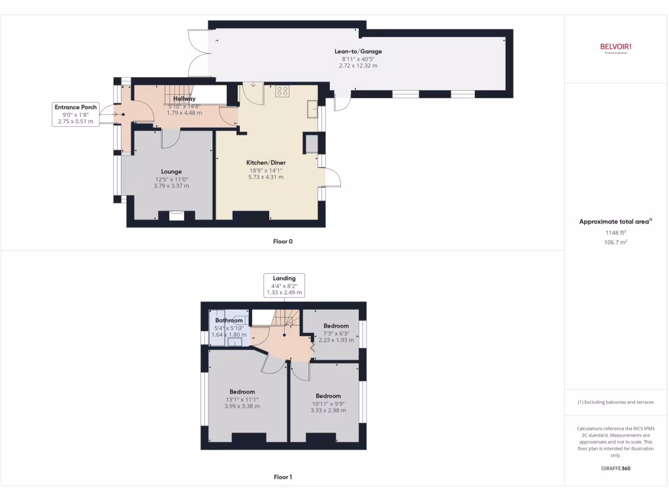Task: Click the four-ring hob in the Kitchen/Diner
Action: point(282,92)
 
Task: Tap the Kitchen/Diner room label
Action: point(265,163)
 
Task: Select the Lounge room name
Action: point(172,172)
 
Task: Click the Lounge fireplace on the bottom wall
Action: point(176,214)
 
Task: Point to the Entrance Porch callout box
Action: point(75,114)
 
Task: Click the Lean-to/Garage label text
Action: point(357,52)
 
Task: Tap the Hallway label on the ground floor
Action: point(184,99)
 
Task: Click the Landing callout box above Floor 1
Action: point(284,286)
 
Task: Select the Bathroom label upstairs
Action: point(229,320)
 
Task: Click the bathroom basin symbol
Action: point(239,341)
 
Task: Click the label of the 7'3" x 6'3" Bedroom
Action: point(336,326)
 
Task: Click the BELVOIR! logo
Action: point(615,46)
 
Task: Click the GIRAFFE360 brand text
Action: point(616,468)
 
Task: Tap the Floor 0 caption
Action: point(283,242)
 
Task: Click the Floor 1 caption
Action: point(283,477)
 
